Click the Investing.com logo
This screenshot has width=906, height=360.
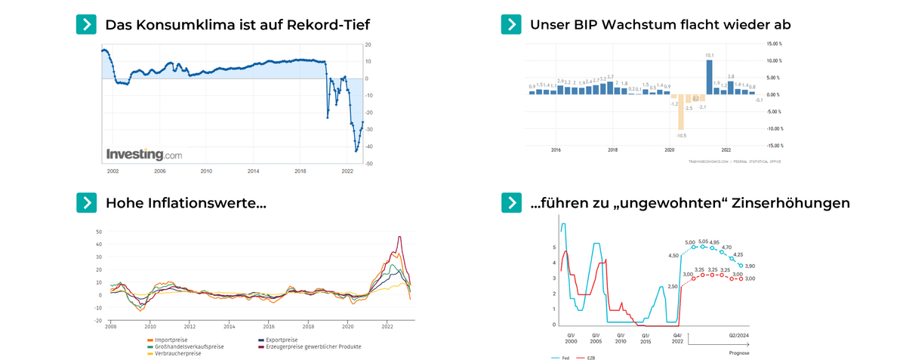click(144, 154)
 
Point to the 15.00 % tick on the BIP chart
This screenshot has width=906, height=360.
click(774, 45)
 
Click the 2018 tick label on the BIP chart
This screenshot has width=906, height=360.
click(612, 150)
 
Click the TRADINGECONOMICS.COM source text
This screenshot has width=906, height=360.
click(710, 161)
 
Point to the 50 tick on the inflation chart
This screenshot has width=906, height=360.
click(99, 232)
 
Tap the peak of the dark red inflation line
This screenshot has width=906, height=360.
click(399, 237)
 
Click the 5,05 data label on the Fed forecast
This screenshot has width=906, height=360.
click(704, 242)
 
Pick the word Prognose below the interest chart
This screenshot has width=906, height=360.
click(739, 352)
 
